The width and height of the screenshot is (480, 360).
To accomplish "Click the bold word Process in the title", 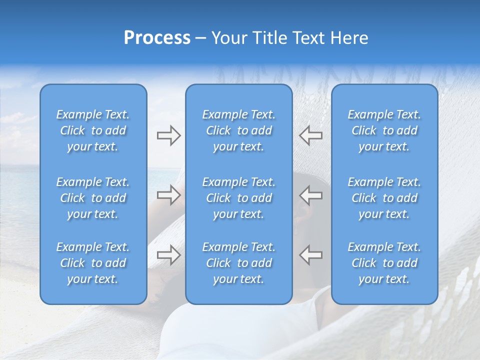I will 157,38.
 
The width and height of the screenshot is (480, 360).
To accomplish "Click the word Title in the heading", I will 269,38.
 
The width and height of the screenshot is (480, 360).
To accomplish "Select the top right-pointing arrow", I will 168,135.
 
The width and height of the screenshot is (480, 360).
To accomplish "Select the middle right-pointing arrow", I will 168,195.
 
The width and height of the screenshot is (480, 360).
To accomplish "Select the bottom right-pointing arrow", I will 168,255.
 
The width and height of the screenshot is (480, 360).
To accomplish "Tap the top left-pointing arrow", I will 311,135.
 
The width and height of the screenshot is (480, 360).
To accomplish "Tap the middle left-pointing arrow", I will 311,195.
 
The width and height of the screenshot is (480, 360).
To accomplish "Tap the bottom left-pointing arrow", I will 311,255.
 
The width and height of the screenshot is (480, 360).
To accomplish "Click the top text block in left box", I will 93,130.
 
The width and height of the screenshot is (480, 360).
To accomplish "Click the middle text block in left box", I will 93,198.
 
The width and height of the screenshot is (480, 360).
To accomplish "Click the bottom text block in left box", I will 93,263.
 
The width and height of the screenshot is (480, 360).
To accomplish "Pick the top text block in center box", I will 238,130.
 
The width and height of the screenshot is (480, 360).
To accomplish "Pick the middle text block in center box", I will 238,198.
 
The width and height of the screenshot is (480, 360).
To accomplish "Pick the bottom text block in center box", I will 238,263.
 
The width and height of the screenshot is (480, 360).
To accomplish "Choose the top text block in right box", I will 384,130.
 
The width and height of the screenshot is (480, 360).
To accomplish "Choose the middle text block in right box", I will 384,198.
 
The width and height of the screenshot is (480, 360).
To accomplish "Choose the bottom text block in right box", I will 384,263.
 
